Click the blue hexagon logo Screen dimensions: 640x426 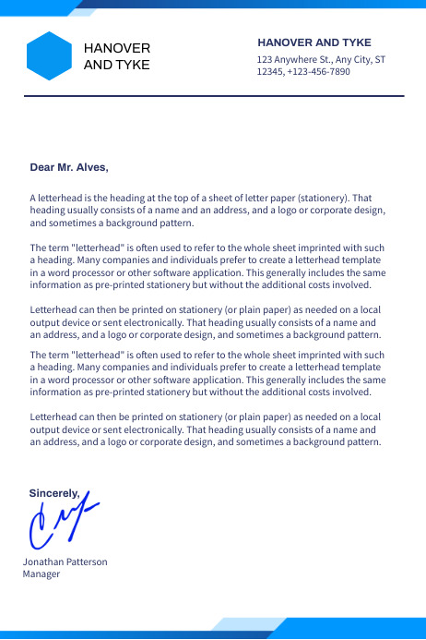pos(49,56)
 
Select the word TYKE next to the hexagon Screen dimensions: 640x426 pos(131,65)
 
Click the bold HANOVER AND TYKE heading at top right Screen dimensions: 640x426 pos(314,42)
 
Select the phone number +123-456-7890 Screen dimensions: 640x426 pos(318,71)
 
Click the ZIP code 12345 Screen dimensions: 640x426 pos(269,71)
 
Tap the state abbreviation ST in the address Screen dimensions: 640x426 pos(380,59)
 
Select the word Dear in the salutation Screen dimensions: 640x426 pos(42,167)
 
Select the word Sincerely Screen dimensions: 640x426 pos(54,493)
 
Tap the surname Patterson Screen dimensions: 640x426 pos(88,562)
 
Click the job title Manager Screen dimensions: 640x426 pos(41,574)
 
